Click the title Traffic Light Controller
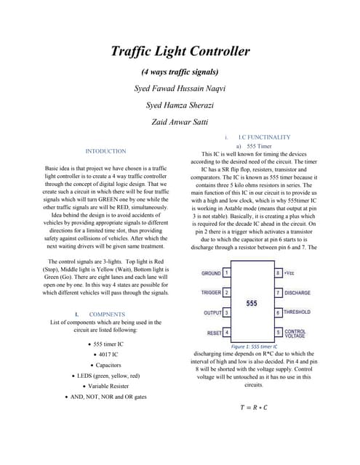(x=180, y=52)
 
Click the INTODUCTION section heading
(x=105, y=151)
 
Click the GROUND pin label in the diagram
(x=211, y=273)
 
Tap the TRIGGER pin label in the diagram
(x=211, y=293)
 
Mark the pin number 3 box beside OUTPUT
(x=228, y=312)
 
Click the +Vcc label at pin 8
(x=289, y=273)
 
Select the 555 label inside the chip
(x=252, y=302)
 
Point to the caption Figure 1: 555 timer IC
(x=252, y=347)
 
